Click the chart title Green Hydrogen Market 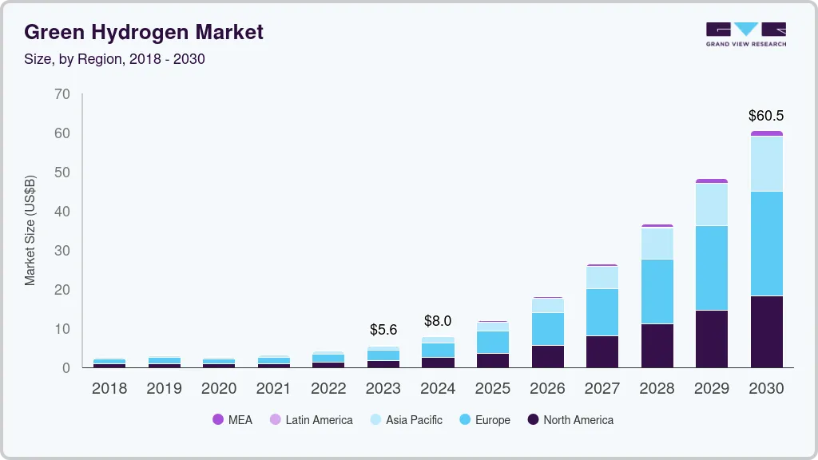point(144,32)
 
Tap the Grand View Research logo point(745,34)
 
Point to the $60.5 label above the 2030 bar point(766,116)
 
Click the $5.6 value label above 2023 point(383,329)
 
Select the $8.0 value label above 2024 point(438,321)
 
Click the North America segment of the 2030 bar point(766,331)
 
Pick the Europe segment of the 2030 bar point(766,244)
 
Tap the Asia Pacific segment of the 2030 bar point(766,164)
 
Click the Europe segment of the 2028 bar point(657,291)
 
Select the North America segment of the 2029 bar point(712,339)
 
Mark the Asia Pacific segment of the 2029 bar point(712,204)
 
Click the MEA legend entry point(232,420)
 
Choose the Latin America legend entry point(311,420)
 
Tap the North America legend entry point(570,420)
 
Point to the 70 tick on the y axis point(62,94)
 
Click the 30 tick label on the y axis point(62,251)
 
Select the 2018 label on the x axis point(109,389)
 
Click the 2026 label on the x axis point(547,389)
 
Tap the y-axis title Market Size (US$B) point(30,229)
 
